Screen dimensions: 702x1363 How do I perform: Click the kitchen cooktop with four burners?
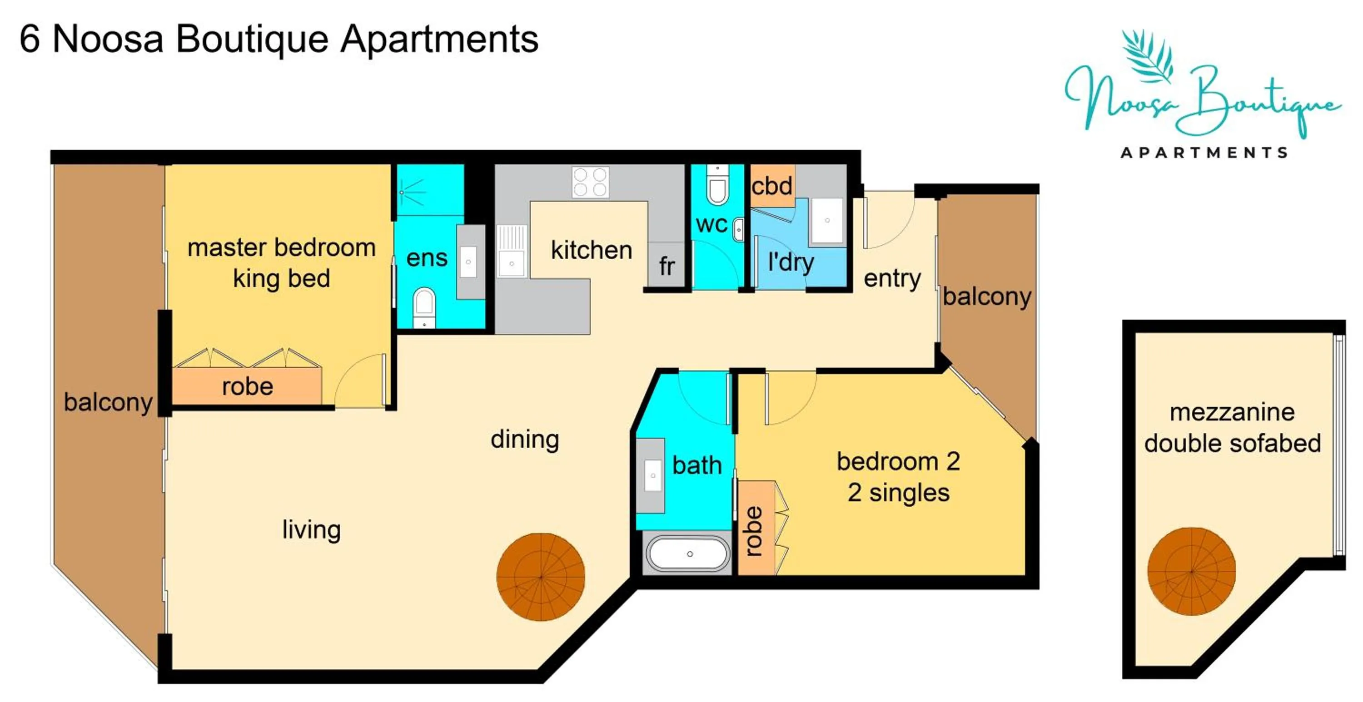(x=590, y=182)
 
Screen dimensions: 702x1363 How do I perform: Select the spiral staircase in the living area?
(x=540, y=577)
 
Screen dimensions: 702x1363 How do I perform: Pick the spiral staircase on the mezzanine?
(x=1191, y=571)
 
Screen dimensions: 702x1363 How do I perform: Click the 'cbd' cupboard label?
(x=771, y=186)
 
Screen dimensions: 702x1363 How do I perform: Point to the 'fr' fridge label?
(x=667, y=266)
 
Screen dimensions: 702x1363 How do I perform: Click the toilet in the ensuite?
(x=424, y=304)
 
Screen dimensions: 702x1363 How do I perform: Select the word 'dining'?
(x=524, y=439)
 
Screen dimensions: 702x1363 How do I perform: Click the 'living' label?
(x=311, y=529)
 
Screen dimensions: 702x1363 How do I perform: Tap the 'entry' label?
(x=892, y=278)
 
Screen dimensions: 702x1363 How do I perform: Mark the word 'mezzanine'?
(x=1232, y=412)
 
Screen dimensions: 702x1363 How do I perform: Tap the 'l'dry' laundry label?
(x=791, y=262)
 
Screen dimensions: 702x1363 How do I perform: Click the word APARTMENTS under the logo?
(x=1204, y=153)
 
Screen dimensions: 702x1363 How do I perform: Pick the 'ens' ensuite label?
(x=427, y=258)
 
